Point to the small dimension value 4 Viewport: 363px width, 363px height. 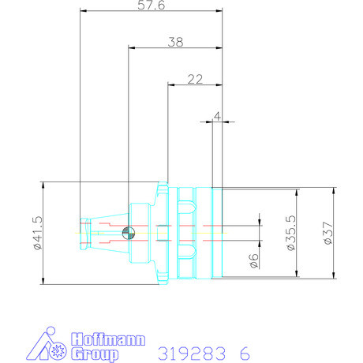[x=217, y=115]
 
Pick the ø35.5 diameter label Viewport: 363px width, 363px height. [x=290, y=233]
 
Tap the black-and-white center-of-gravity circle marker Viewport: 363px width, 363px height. [x=133, y=231]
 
